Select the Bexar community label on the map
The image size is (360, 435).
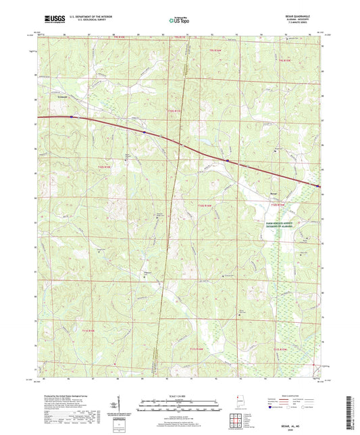point(274,191)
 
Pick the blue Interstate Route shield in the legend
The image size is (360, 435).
point(272,409)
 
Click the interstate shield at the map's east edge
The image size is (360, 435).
point(318,186)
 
